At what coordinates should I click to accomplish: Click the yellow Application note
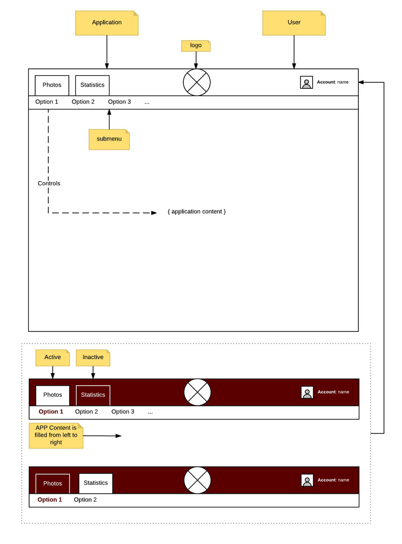tap(107, 23)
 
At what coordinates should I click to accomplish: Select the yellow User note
tap(294, 23)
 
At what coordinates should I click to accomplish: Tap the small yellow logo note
tap(195, 46)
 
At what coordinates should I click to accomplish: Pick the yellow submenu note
tap(109, 139)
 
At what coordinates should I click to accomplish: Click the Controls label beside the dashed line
tap(49, 183)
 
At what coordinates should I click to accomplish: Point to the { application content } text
tap(196, 212)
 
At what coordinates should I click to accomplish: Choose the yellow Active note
tap(52, 358)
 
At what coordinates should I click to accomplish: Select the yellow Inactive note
tap(93, 358)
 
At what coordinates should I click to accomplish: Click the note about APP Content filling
tap(56, 435)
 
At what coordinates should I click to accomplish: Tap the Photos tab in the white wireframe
tap(52, 85)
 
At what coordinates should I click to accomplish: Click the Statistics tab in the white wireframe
tap(92, 85)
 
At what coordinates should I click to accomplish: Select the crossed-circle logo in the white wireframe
tap(196, 82)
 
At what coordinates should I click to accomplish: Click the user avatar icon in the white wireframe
tap(307, 82)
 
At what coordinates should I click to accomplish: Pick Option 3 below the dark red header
tap(123, 412)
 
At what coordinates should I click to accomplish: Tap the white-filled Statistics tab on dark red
tap(95, 483)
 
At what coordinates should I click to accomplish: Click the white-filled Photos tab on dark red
tap(53, 395)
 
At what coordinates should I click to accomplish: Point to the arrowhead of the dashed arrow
tap(154, 213)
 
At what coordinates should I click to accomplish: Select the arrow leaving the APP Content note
tap(103, 436)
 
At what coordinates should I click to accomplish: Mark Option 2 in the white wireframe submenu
tap(83, 102)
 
